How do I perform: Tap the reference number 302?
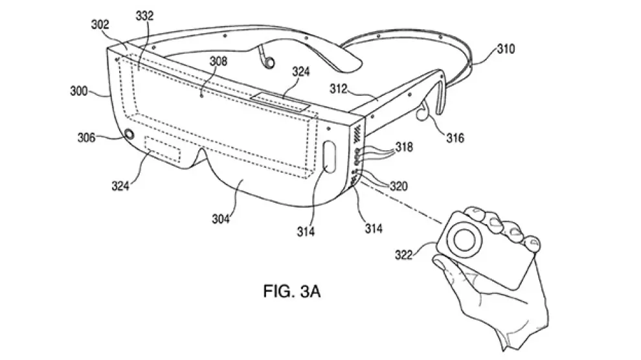[x=100, y=25]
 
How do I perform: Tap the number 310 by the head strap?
[x=506, y=49]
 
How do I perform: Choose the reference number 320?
[x=399, y=186]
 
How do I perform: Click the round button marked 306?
[x=129, y=135]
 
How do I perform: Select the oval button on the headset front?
[x=329, y=156]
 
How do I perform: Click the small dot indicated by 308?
[x=203, y=97]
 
